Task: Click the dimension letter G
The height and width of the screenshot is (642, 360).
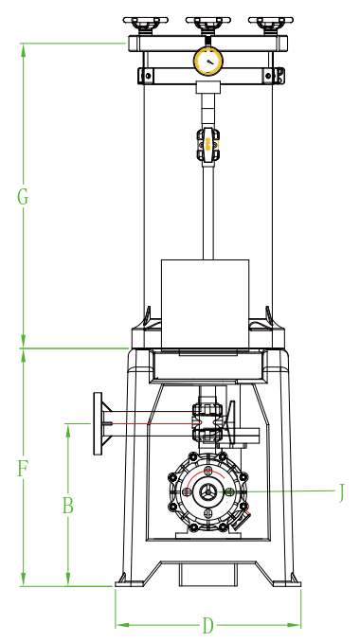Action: click(x=23, y=197)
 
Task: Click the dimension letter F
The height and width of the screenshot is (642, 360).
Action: click(x=23, y=469)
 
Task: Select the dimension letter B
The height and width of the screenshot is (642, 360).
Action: click(x=67, y=506)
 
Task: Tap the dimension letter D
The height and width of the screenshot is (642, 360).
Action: click(x=208, y=625)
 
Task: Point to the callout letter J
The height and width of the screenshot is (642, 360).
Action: click(x=341, y=492)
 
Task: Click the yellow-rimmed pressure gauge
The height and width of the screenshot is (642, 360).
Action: click(x=208, y=62)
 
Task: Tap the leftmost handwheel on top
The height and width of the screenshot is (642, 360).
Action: click(x=145, y=25)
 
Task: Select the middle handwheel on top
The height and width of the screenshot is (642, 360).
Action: click(x=208, y=25)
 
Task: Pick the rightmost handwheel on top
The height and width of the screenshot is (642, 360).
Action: click(x=271, y=25)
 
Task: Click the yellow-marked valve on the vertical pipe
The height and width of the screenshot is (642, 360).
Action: click(x=208, y=144)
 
